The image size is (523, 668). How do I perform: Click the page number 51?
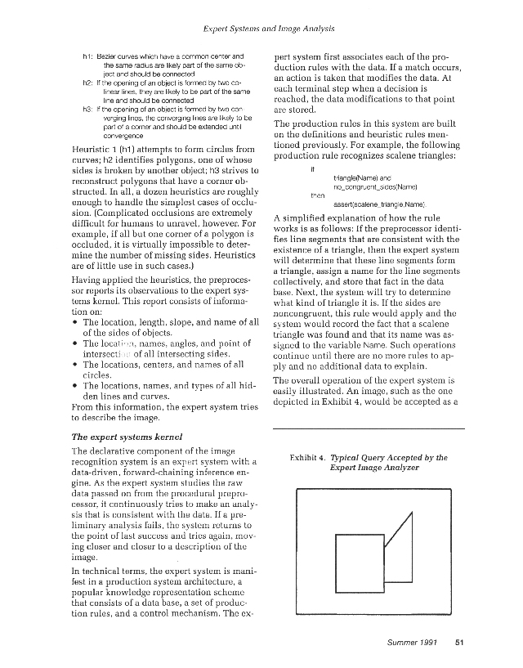(x=459, y=641)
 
